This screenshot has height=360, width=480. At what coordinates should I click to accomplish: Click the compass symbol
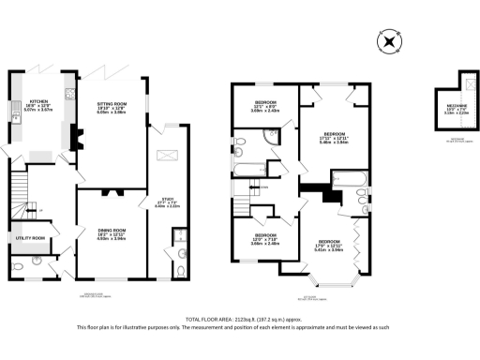[388, 42]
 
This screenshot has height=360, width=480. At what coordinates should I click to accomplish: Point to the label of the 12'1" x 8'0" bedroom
[266, 105]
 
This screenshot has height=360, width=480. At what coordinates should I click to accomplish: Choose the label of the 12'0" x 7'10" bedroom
[266, 238]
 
